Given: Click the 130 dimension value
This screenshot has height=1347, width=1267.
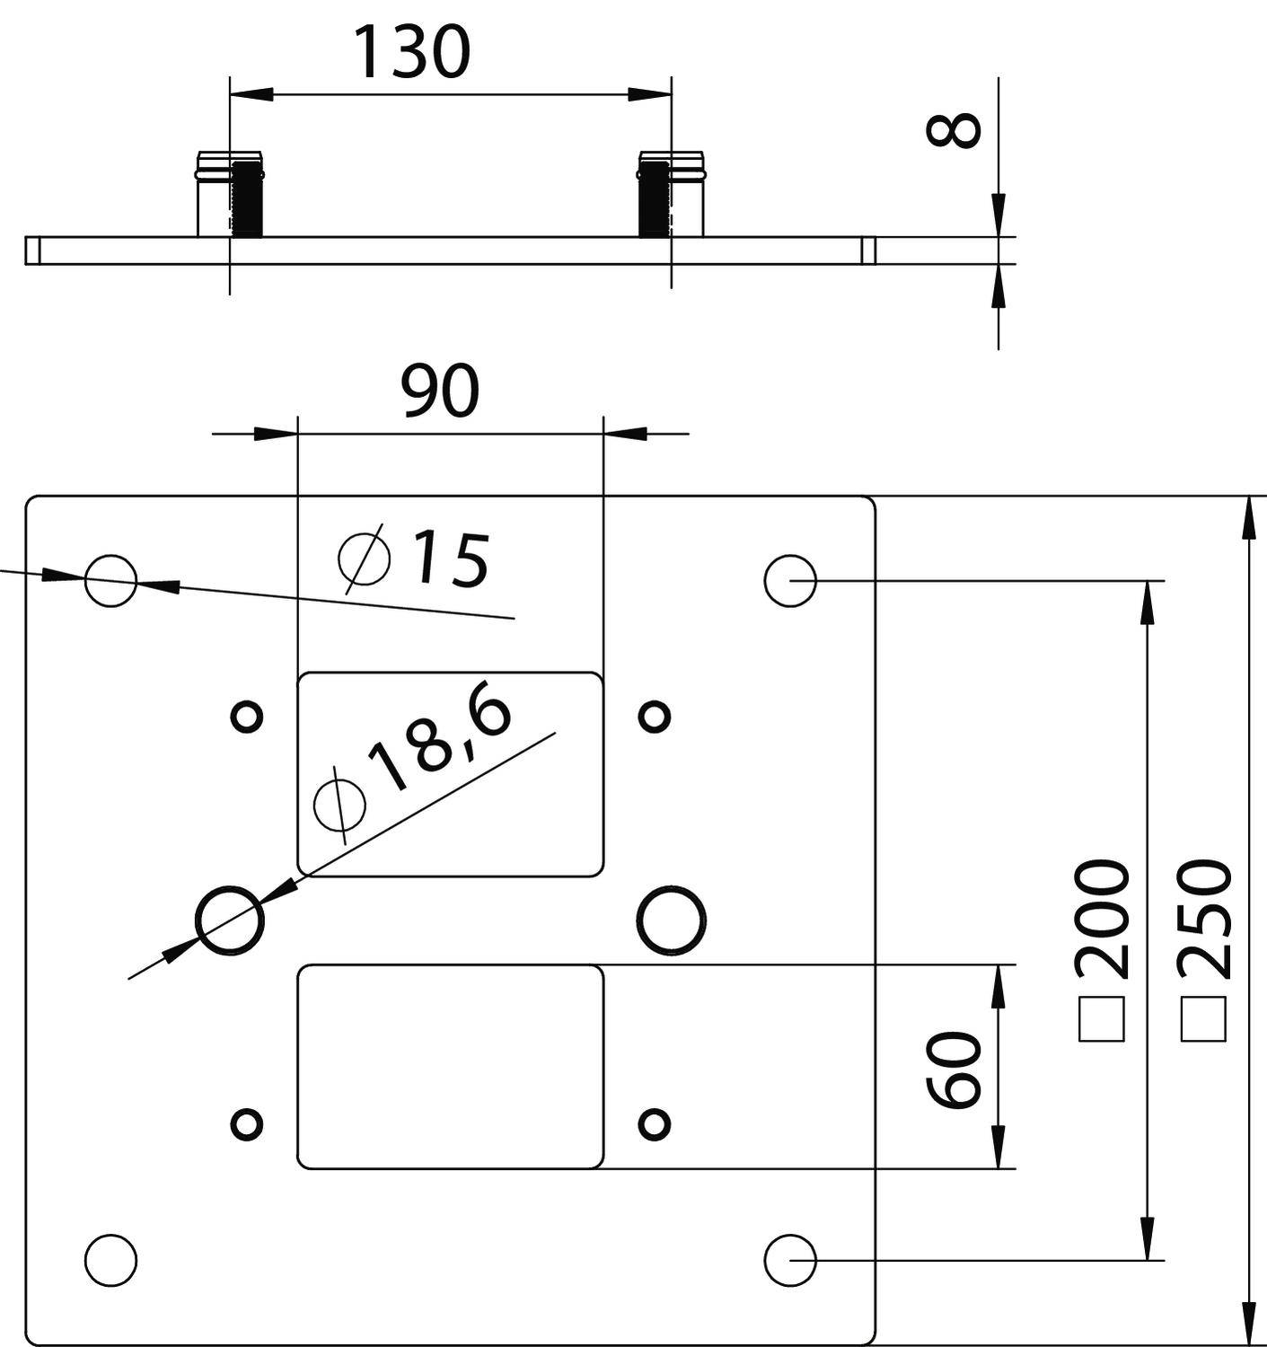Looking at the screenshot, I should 412,52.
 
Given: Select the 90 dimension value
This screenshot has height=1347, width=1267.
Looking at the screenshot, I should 440,392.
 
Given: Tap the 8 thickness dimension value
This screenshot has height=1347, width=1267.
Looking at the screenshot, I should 954,130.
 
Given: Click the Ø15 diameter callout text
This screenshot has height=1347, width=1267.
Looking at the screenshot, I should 415,559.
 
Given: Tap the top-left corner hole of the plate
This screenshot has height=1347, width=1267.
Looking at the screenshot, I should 110,580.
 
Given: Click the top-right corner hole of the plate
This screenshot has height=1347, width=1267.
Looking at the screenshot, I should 790,580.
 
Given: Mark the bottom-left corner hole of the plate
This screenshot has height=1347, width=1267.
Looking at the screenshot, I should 110,1259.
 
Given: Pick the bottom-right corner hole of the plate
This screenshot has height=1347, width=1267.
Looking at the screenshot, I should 790,1259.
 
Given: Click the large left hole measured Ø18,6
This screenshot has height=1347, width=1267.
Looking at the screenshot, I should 230,920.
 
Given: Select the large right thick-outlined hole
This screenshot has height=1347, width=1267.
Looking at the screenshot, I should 671,920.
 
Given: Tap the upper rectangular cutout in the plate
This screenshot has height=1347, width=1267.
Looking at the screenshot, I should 450,774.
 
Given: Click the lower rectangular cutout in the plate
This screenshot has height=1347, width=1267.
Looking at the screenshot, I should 450,1067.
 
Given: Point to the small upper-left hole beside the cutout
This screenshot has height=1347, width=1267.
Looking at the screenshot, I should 247,717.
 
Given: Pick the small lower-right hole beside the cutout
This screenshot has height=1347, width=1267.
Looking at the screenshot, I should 655,1123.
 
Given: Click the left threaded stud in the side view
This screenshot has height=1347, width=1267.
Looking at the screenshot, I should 246,198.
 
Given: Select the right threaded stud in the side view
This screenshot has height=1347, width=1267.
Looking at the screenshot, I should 654,198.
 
